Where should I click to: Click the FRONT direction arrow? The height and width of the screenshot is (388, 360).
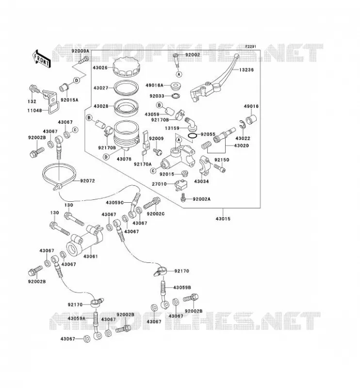(41, 59)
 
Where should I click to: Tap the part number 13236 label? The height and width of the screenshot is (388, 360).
(246, 70)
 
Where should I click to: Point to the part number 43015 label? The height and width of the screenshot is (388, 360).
(223, 219)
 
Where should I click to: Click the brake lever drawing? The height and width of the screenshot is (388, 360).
(213, 79)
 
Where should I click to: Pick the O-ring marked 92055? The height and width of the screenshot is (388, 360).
(193, 136)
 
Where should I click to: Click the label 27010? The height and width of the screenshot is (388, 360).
(159, 184)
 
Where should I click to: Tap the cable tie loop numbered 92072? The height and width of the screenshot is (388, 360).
(59, 176)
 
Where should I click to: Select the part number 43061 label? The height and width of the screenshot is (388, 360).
(90, 257)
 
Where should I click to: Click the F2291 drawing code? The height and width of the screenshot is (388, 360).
(250, 47)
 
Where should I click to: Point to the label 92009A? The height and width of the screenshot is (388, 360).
(80, 51)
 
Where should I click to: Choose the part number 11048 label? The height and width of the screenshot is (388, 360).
(34, 111)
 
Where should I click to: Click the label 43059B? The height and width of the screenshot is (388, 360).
(182, 288)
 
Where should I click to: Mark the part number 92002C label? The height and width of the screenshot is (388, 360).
(155, 214)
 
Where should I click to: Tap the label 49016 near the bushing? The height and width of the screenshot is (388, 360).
(251, 106)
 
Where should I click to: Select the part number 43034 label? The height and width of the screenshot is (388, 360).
(201, 181)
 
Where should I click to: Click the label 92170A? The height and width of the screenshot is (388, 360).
(143, 164)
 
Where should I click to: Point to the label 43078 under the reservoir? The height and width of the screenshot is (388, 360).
(124, 159)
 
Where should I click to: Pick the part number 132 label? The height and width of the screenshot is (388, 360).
(32, 101)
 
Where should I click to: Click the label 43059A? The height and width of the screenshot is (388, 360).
(77, 319)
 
